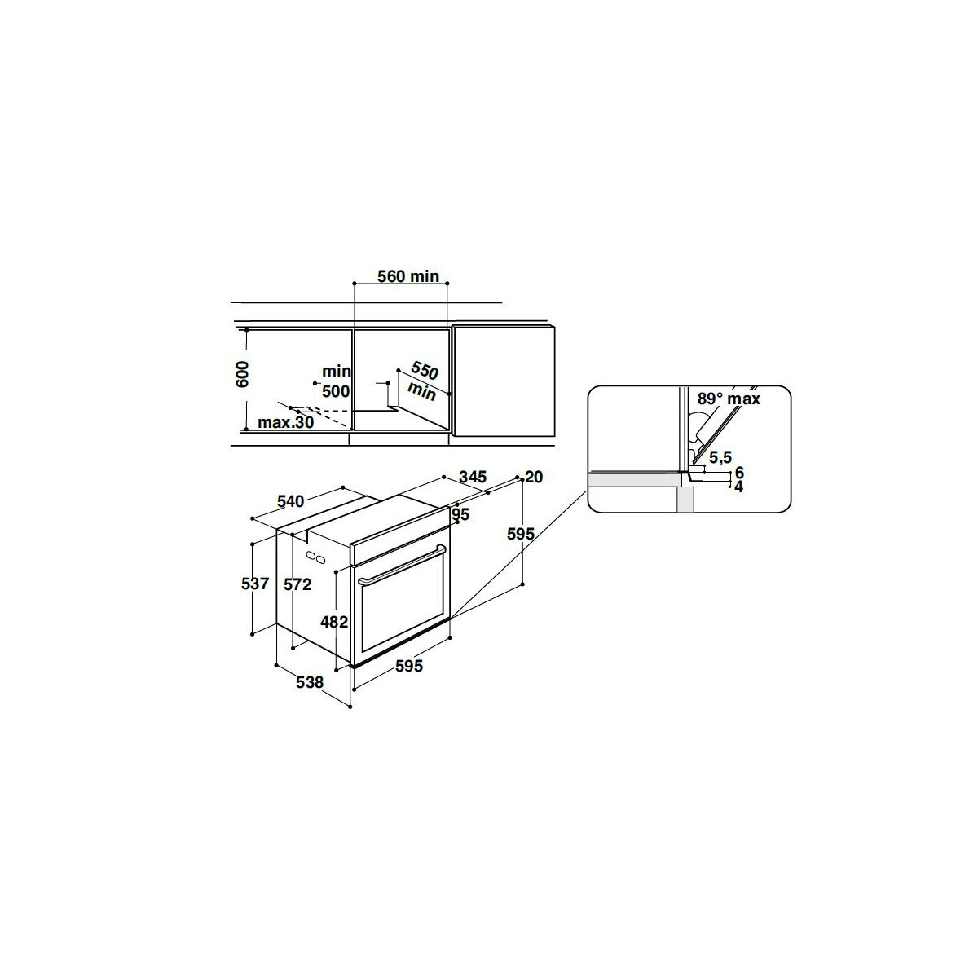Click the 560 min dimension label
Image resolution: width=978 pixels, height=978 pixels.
[408, 276]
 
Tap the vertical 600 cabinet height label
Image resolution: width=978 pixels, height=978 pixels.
[243, 374]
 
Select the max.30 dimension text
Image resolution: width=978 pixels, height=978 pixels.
[286, 422]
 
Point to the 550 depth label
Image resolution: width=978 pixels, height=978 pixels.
[425, 370]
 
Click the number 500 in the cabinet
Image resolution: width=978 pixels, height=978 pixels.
[336, 391]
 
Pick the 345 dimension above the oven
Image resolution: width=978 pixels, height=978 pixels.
[473, 477]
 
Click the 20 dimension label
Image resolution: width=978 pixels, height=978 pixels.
[534, 477]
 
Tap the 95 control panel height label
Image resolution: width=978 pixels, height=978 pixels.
[460, 514]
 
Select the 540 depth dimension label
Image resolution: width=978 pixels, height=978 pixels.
[291, 501]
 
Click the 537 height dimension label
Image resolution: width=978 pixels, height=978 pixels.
[255, 584]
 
